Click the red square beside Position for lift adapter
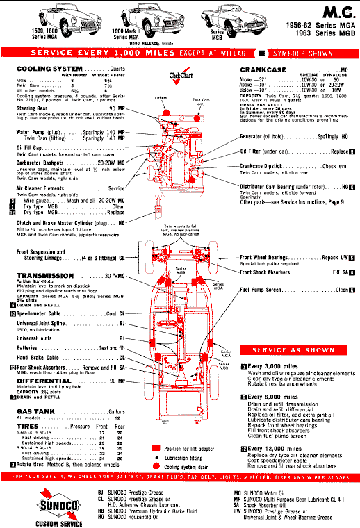pyautogui.click(x=157, y=449)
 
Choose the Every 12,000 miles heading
pyautogui.click(x=273, y=449)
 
